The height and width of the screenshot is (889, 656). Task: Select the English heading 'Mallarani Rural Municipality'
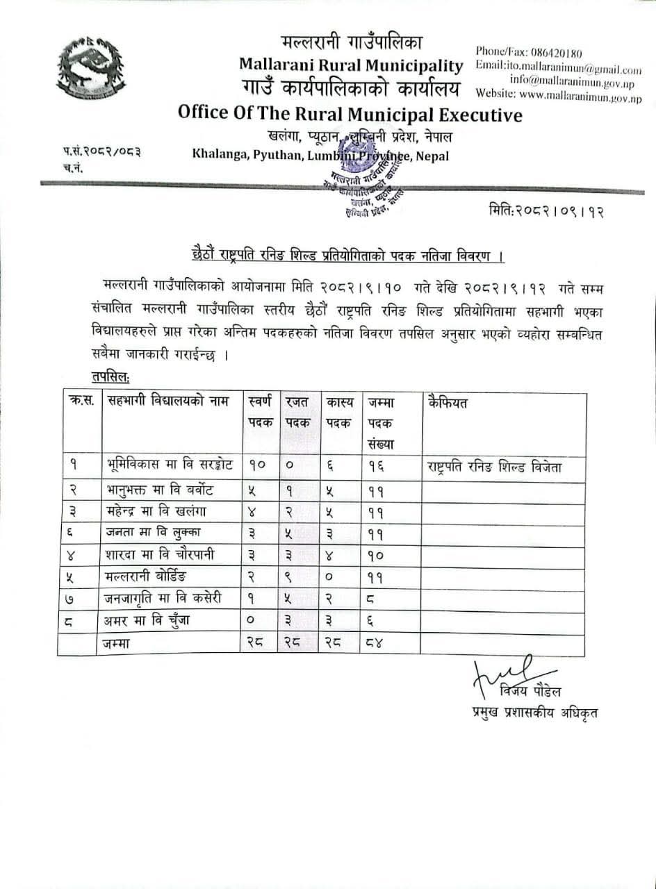click(351, 65)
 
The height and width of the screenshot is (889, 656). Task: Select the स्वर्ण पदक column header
click(260, 413)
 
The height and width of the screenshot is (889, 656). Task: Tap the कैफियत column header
click(449, 403)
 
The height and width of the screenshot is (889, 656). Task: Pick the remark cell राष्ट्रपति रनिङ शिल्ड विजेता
click(495, 467)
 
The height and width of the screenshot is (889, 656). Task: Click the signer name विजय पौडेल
click(530, 692)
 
